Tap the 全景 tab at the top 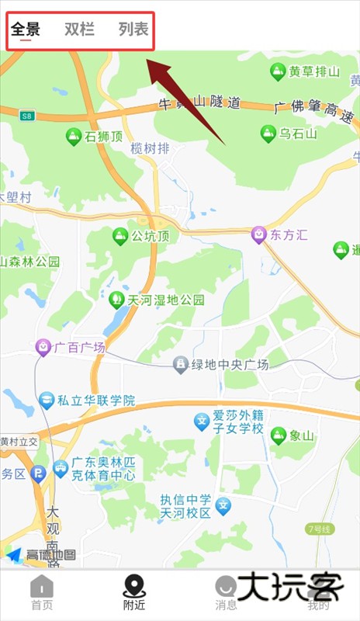(x=26, y=30)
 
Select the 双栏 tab (x=79, y=30)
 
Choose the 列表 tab (x=133, y=30)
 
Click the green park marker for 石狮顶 (x=74, y=137)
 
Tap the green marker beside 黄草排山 (x=277, y=72)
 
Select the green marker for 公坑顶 (x=120, y=236)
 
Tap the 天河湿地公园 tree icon (x=116, y=299)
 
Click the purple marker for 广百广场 (x=43, y=347)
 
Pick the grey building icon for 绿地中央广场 (x=180, y=364)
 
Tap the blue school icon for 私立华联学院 (x=47, y=401)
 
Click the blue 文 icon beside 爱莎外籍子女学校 (x=202, y=422)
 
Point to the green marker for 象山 (x=279, y=435)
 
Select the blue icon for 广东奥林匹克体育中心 (x=61, y=468)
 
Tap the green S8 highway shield (x=29, y=116)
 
